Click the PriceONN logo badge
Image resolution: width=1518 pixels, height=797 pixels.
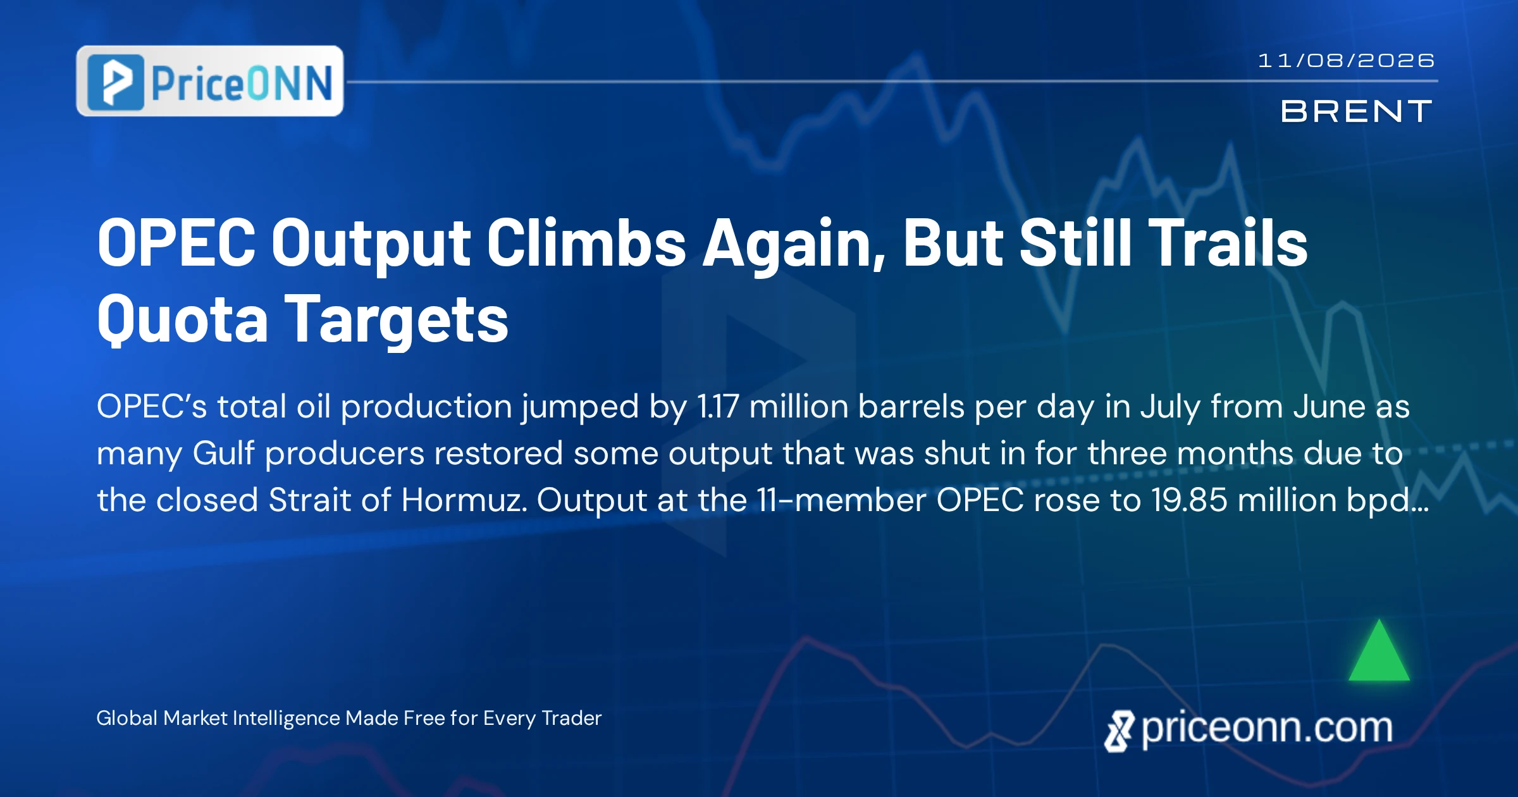(210, 81)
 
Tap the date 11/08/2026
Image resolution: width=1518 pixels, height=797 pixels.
(1347, 61)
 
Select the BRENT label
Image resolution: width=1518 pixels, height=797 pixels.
(1357, 112)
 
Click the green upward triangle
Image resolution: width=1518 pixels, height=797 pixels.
(1379, 650)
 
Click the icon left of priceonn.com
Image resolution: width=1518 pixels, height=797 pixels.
(1120, 731)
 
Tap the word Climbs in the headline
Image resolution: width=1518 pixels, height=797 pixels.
(586, 243)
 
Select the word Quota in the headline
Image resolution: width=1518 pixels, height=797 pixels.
(183, 319)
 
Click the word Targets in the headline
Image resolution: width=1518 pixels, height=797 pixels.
(397, 321)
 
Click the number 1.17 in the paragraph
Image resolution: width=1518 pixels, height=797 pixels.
(718, 407)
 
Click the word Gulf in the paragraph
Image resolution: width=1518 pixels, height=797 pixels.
(223, 454)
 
